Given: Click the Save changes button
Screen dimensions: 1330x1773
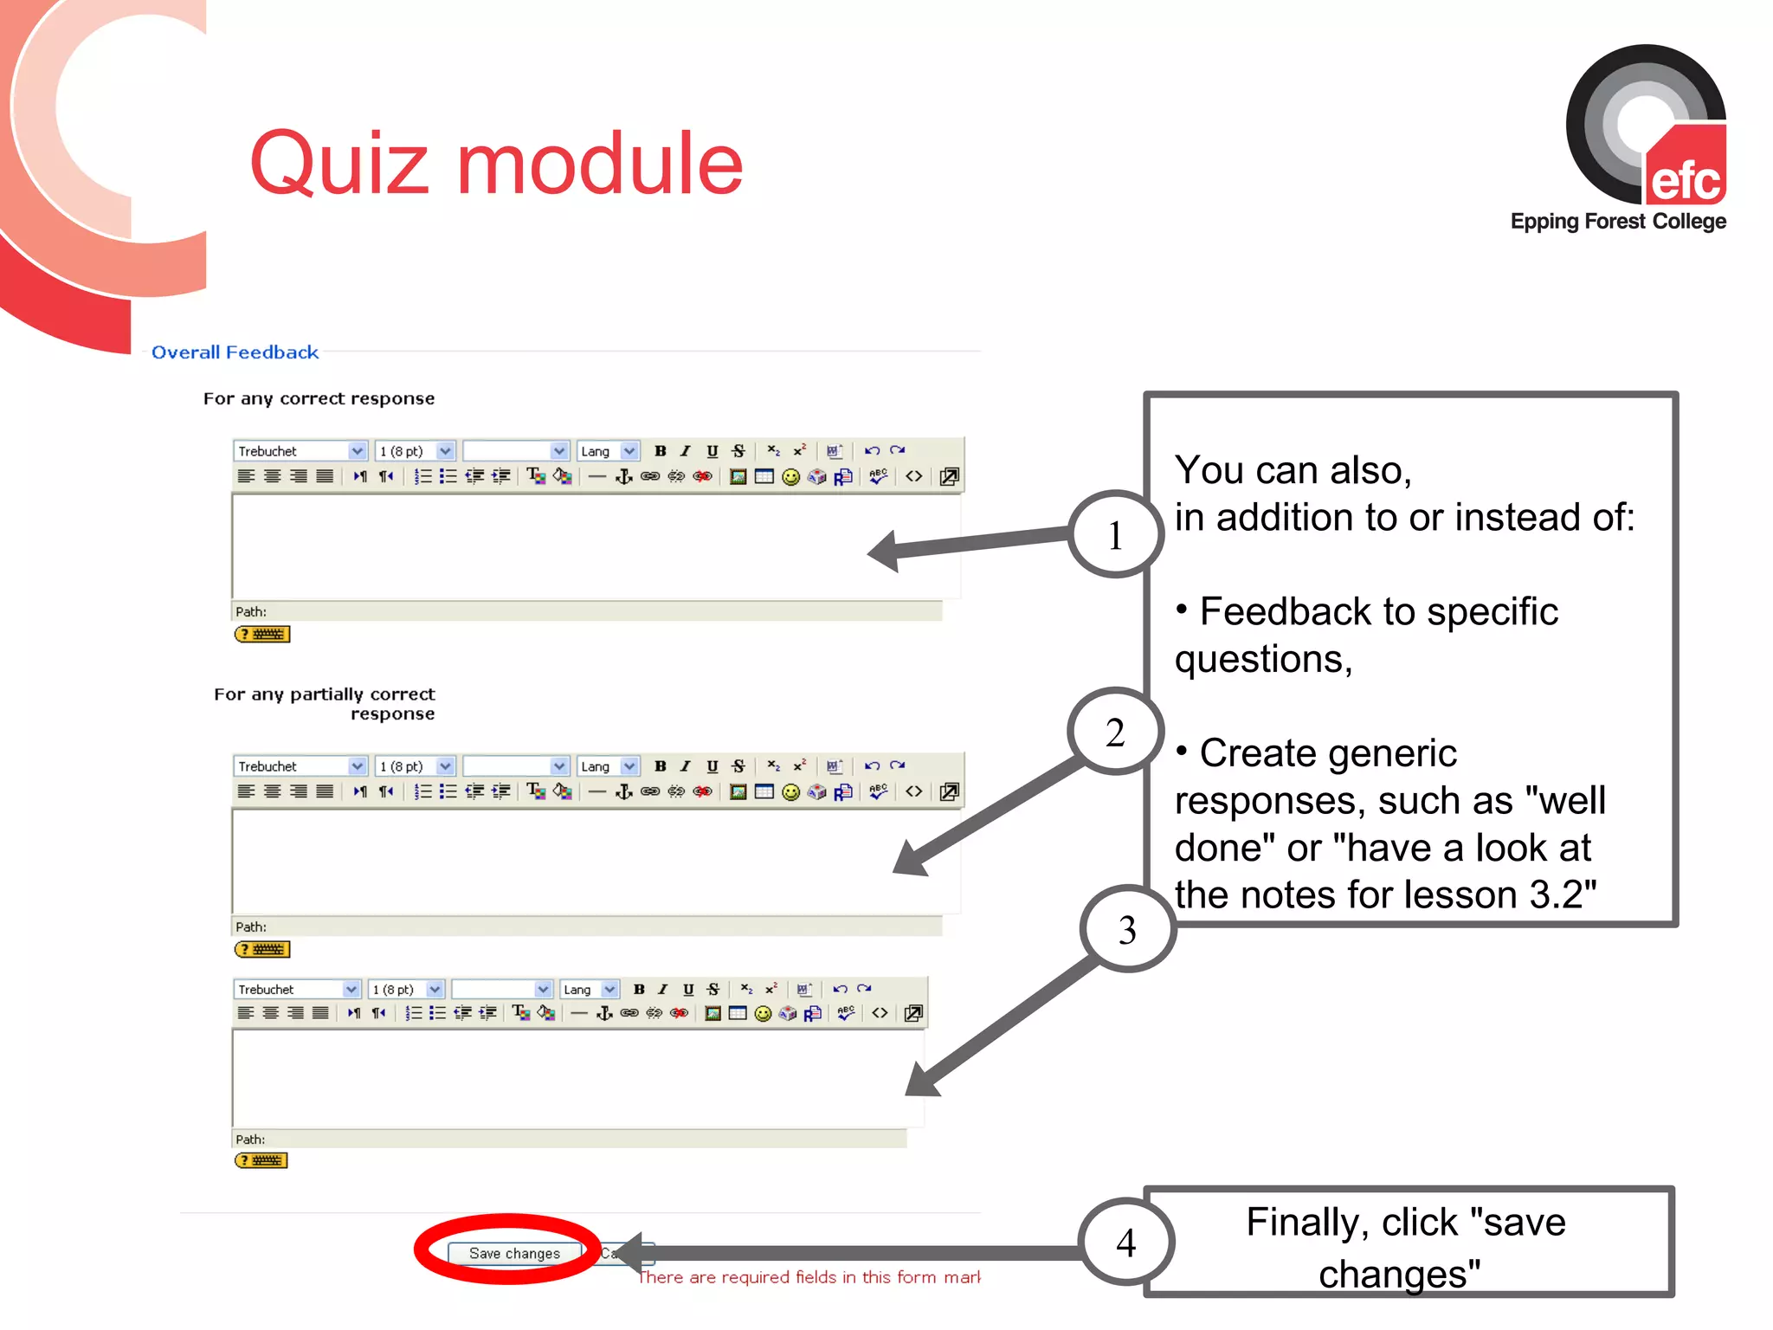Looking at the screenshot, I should coord(514,1253).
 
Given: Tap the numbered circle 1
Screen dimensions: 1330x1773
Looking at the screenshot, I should coord(1115,534).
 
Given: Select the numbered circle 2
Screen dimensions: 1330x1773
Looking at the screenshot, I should coord(1115,732).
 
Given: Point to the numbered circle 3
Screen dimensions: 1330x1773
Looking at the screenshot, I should coord(1127,929).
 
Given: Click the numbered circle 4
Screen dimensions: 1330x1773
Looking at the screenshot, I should coord(1126,1243).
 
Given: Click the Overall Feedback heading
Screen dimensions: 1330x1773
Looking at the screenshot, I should coord(235,352).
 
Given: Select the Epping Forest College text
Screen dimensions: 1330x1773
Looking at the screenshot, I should coord(1618,222).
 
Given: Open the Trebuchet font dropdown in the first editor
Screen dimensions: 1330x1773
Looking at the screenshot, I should coord(300,451).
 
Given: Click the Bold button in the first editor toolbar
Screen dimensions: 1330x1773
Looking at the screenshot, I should coord(661,451).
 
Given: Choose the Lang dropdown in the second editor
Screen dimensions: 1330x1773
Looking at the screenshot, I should coord(608,766).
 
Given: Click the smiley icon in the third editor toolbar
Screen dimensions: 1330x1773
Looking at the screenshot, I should coord(763,1014).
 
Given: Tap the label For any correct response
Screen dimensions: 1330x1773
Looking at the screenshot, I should coord(319,398).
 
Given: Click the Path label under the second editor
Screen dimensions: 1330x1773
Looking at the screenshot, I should coord(251,926).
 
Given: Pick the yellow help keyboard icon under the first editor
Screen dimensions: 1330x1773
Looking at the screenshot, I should coord(262,635).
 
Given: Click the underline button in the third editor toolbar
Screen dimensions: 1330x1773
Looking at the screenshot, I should coord(688,989).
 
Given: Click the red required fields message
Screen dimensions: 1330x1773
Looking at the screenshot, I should coord(809,1277).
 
